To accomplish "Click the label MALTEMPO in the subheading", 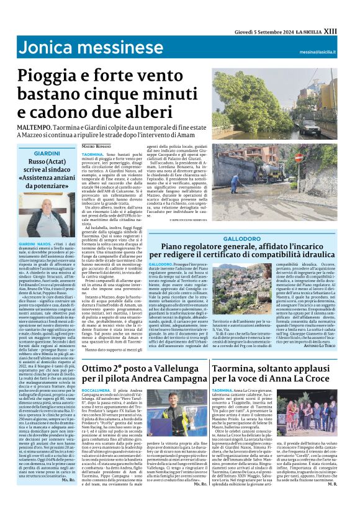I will [34, 127].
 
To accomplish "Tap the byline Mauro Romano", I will [96, 145].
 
